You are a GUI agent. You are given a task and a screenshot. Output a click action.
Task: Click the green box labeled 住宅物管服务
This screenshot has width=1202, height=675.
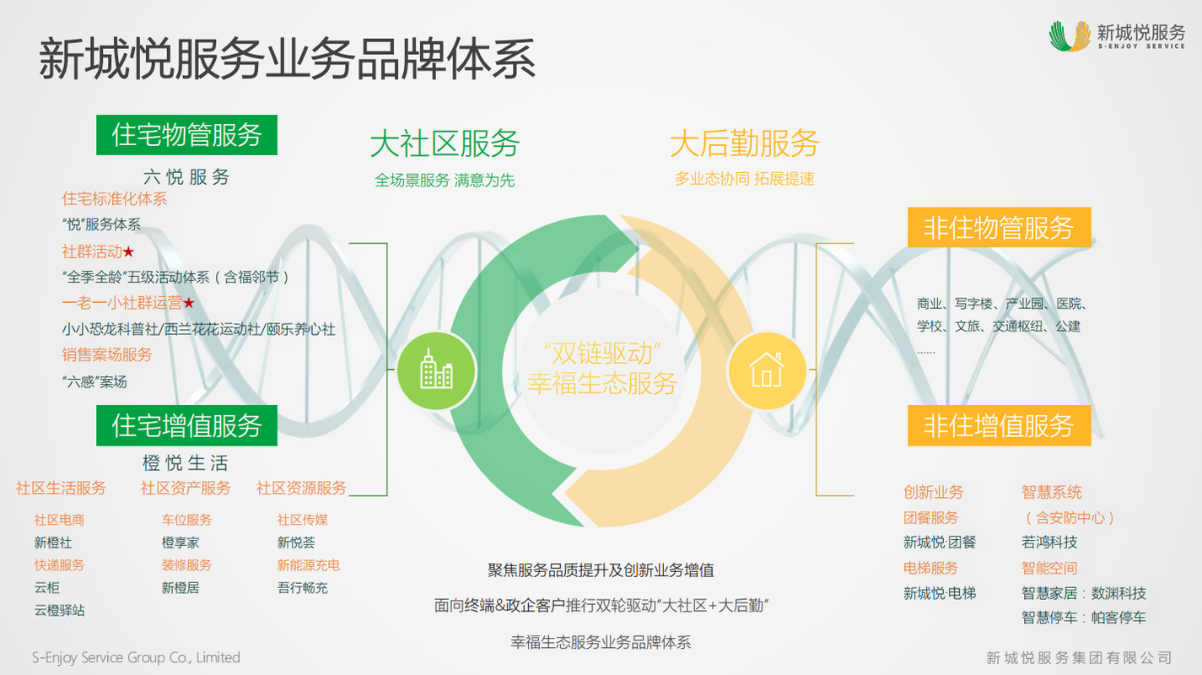point(186,135)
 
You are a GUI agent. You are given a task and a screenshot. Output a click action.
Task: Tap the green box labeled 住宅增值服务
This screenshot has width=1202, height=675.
point(186,425)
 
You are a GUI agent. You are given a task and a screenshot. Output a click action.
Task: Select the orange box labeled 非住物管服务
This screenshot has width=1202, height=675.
point(1000,228)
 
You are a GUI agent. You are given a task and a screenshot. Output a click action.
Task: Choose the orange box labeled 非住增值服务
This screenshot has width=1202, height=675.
point(1000,425)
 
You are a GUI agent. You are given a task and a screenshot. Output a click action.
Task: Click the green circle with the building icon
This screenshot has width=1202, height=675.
point(436,370)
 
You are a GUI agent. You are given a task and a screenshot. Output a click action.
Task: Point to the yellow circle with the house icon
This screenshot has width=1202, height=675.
point(767,370)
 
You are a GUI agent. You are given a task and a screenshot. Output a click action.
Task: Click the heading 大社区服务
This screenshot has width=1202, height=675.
point(445,143)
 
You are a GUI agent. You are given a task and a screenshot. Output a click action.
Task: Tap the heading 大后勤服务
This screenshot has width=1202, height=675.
point(745,143)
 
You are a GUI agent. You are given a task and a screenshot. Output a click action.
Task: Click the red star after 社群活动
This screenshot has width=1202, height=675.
point(128,251)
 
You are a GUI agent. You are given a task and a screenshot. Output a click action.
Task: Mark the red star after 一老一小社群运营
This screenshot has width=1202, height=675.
point(188,303)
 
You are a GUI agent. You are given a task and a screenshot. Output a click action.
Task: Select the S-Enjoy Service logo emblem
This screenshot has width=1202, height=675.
point(1070,36)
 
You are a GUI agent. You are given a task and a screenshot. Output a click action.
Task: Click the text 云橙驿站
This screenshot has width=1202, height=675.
point(60,611)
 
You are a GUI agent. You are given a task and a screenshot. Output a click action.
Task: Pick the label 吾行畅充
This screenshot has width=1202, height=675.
point(303,588)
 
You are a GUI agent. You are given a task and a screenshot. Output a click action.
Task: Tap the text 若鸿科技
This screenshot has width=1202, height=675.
point(1049,543)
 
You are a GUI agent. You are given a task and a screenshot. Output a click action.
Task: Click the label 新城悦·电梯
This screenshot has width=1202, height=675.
point(940,593)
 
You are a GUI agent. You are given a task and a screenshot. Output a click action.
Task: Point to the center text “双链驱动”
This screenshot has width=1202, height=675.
point(602,354)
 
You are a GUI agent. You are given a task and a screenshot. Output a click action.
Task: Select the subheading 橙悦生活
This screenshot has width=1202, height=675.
point(186,462)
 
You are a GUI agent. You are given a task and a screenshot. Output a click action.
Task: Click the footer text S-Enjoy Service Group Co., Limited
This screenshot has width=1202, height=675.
point(136,657)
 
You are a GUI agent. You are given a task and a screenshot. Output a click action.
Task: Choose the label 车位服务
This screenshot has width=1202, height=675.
point(186,520)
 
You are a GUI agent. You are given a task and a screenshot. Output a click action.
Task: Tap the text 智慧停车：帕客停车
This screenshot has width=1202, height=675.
point(1083,618)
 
